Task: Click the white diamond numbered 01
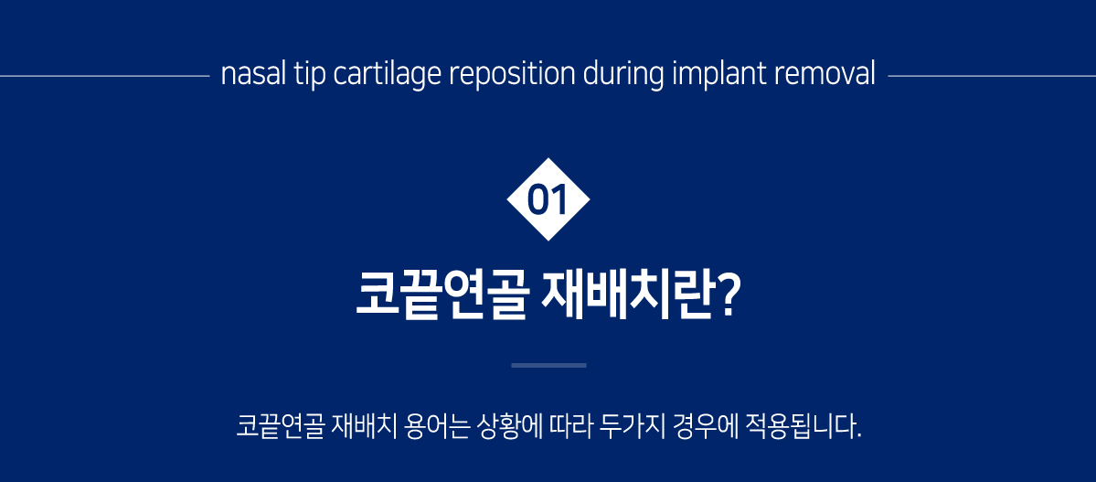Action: [x=548, y=199]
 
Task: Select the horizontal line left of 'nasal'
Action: [x=105, y=76]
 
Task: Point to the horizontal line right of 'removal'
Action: [x=992, y=76]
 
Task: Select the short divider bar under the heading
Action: [x=548, y=365]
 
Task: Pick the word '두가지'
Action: [x=629, y=426]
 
